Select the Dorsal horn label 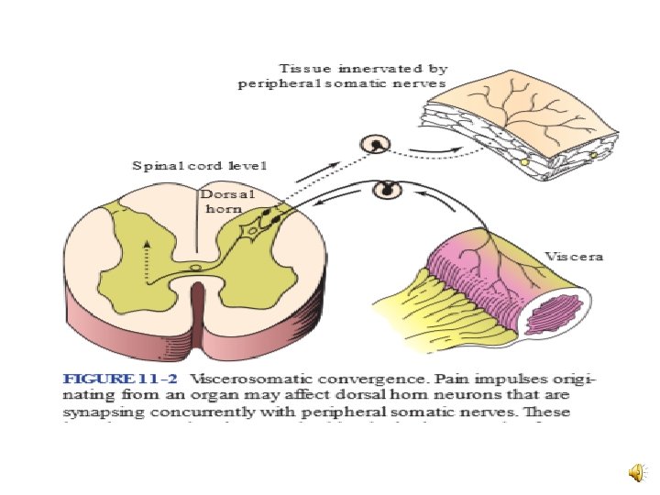click(x=223, y=202)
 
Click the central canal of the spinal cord click(x=195, y=268)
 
